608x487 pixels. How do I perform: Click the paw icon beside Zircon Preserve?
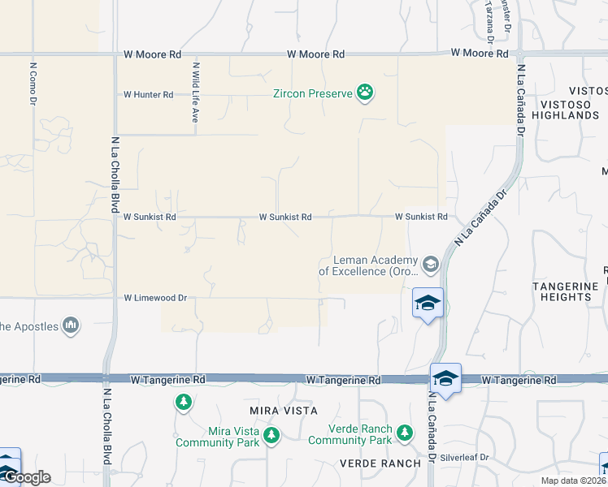coord(367,93)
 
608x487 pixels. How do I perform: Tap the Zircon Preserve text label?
coord(313,93)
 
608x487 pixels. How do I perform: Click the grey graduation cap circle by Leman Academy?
coord(430,263)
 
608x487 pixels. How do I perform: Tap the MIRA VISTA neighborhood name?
coord(284,412)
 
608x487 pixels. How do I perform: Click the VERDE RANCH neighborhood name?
coord(381,463)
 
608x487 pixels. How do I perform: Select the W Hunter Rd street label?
coord(148,95)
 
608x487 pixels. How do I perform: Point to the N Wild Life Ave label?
coord(195,92)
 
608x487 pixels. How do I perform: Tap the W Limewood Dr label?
coord(155,299)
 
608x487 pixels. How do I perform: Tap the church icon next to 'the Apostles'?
coord(71,325)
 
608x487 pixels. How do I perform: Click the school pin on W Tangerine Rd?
coord(445,379)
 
